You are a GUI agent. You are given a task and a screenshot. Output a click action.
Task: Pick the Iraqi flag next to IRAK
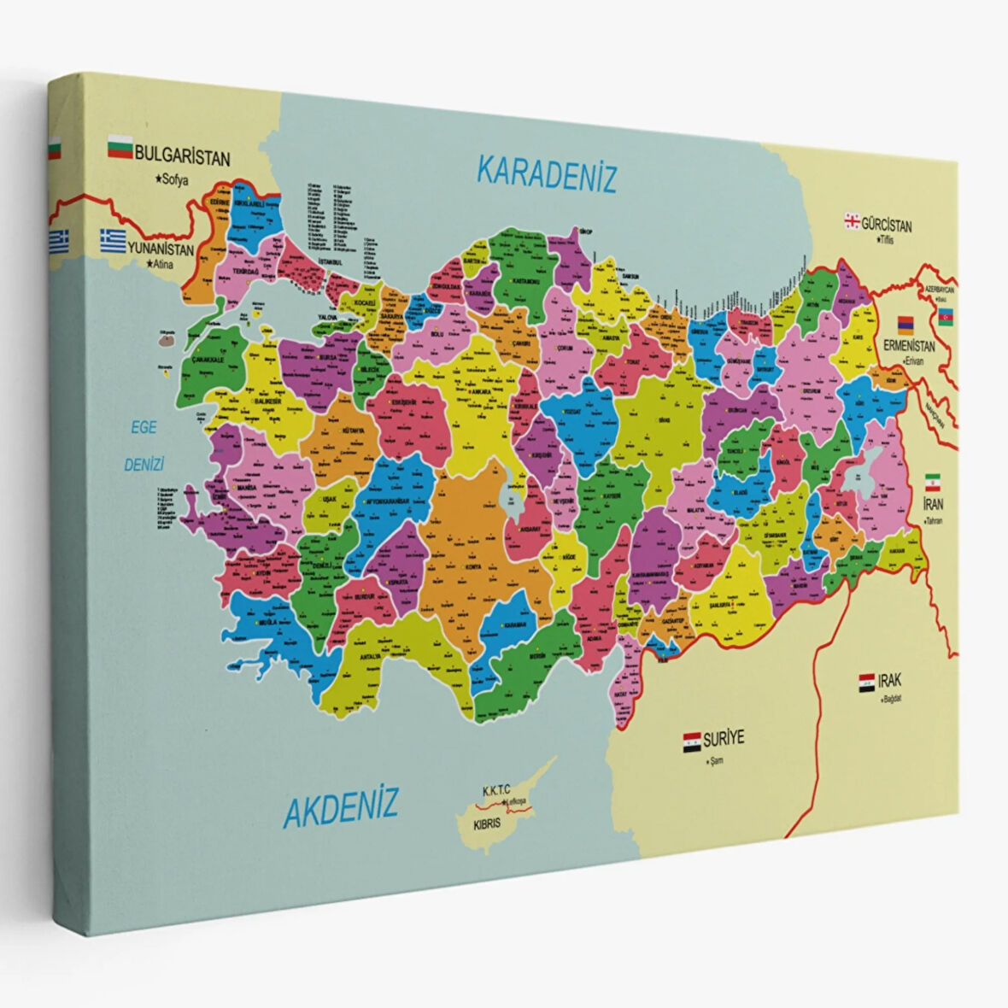tap(866, 682)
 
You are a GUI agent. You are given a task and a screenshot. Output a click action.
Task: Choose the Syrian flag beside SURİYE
tap(691, 740)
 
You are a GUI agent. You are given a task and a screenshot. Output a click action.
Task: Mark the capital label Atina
tap(161, 265)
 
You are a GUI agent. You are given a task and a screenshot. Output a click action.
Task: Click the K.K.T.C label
tap(501, 791)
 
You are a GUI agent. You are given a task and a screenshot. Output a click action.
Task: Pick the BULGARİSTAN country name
tap(183, 157)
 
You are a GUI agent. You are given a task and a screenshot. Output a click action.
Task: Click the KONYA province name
tap(472, 567)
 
